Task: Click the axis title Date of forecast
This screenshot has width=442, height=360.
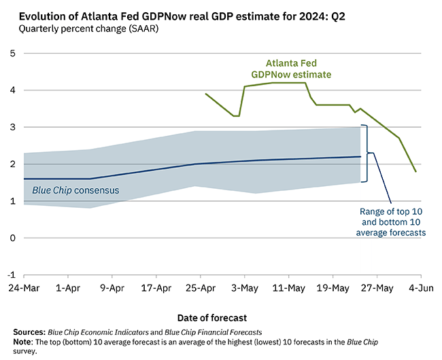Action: click(x=211, y=317)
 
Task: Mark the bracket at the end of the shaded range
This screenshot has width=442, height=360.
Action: click(x=367, y=154)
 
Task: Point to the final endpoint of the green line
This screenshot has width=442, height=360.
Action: click(x=415, y=172)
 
